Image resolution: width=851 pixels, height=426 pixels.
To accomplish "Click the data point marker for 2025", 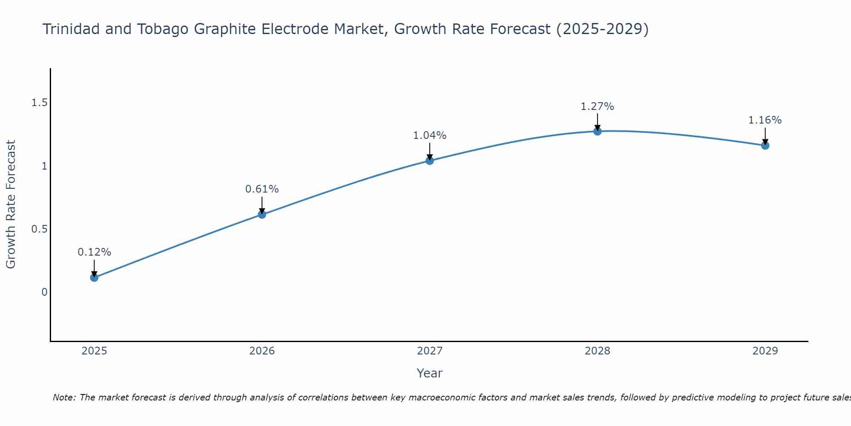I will pyautogui.click(x=94, y=278).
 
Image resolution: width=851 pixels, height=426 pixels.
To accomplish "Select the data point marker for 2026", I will pyautogui.click(x=262, y=214).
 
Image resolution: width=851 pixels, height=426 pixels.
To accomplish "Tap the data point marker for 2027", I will pyautogui.click(x=430, y=161).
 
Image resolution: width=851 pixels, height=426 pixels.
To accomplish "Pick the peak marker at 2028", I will pyautogui.click(x=597, y=131).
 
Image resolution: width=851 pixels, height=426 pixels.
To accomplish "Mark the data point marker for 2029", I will pyautogui.click(x=765, y=146).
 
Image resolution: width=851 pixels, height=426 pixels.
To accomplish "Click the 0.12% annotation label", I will pyautogui.click(x=94, y=252).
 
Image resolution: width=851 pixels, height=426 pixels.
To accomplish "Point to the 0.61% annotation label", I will pyautogui.click(x=262, y=189).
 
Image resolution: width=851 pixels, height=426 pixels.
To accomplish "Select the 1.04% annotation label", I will pyautogui.click(x=430, y=135).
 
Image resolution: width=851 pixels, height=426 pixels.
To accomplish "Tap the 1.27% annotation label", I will pyautogui.click(x=597, y=106).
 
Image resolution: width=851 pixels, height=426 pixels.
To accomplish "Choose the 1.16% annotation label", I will pyautogui.click(x=765, y=120).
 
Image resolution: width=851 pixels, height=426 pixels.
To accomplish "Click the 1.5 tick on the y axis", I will pyautogui.click(x=39, y=103).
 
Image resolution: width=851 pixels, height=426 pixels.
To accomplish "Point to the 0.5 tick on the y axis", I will pyautogui.click(x=39, y=229).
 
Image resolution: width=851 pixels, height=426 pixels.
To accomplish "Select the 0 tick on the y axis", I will pyautogui.click(x=44, y=292).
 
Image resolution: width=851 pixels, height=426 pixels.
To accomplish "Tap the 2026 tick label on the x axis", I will pyautogui.click(x=262, y=351).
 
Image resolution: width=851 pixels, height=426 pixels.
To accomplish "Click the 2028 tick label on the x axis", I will pyautogui.click(x=597, y=351).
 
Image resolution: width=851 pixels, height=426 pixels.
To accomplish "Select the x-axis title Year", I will pyautogui.click(x=430, y=373).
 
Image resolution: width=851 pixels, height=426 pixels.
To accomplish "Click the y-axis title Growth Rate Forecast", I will pyautogui.click(x=11, y=204).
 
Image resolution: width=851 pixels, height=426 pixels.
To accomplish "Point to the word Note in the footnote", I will pyautogui.click(x=64, y=397).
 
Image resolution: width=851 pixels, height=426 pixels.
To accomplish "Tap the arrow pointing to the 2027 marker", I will pyautogui.click(x=430, y=151).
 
